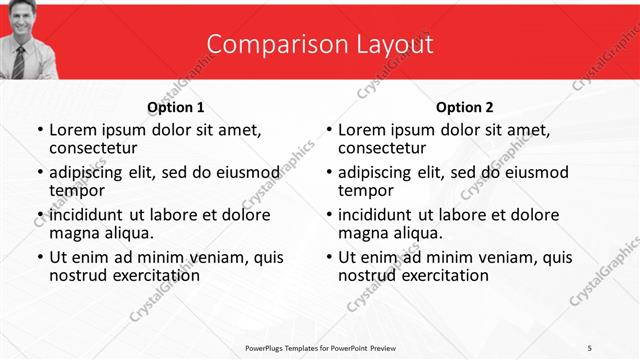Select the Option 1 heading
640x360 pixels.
tap(176, 107)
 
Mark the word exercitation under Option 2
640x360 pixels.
tap(443, 275)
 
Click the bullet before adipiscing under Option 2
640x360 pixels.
tap(328, 172)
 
